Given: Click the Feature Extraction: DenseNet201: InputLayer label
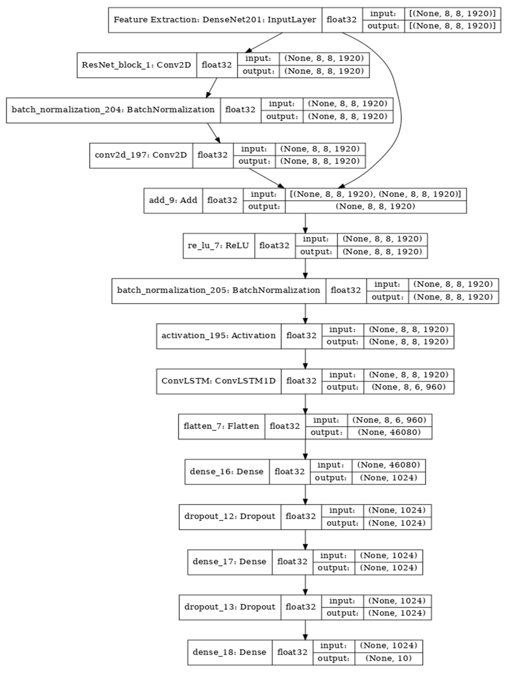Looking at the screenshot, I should point(215,20).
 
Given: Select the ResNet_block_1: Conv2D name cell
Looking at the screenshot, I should point(136,65).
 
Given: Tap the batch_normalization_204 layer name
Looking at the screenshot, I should point(113,110).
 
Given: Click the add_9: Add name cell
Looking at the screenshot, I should point(173,200).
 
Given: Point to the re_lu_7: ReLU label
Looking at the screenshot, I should point(218,246).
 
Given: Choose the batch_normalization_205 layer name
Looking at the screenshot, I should point(218,290).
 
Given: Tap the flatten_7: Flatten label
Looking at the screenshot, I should point(221,426).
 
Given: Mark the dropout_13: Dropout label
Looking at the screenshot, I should point(230,607).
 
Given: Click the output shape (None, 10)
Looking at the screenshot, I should point(388,658).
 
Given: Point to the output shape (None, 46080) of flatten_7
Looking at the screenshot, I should point(389,432).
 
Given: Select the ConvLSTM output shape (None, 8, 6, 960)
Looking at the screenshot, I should point(408,387).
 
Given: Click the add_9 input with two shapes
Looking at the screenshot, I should point(375,194).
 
